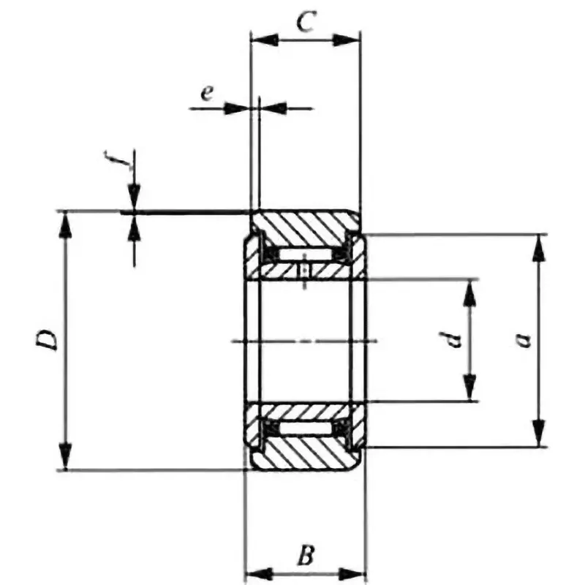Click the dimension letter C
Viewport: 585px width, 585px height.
coord(306,22)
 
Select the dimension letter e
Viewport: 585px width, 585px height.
coord(208,92)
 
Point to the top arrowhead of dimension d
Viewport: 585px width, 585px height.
coord(469,291)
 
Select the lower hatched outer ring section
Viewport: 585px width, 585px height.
coord(305,453)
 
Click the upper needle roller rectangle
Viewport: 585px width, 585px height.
coord(305,254)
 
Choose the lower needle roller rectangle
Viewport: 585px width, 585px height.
coord(305,428)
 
